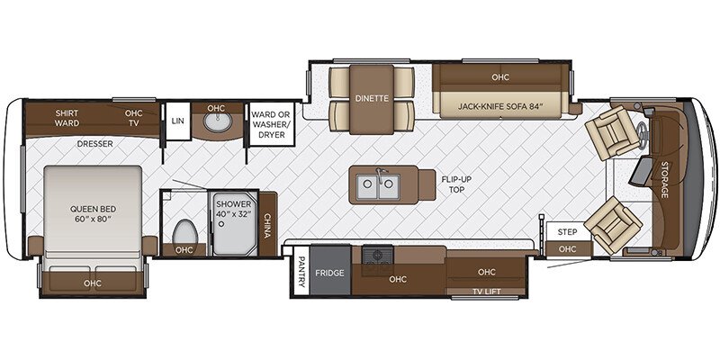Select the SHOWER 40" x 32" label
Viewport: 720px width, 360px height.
click(x=234, y=210)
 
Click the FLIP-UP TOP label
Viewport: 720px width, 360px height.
click(x=456, y=184)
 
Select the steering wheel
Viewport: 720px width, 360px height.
click(x=642, y=132)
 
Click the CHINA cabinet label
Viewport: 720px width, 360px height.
click(x=267, y=220)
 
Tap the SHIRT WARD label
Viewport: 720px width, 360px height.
click(x=67, y=119)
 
